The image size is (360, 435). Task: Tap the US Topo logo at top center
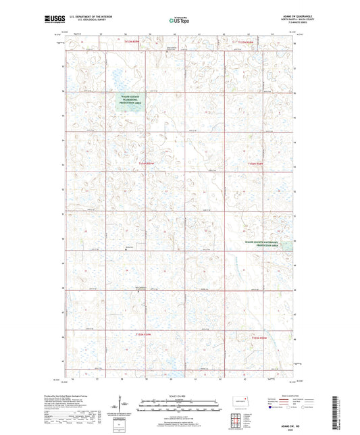(179, 21)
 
